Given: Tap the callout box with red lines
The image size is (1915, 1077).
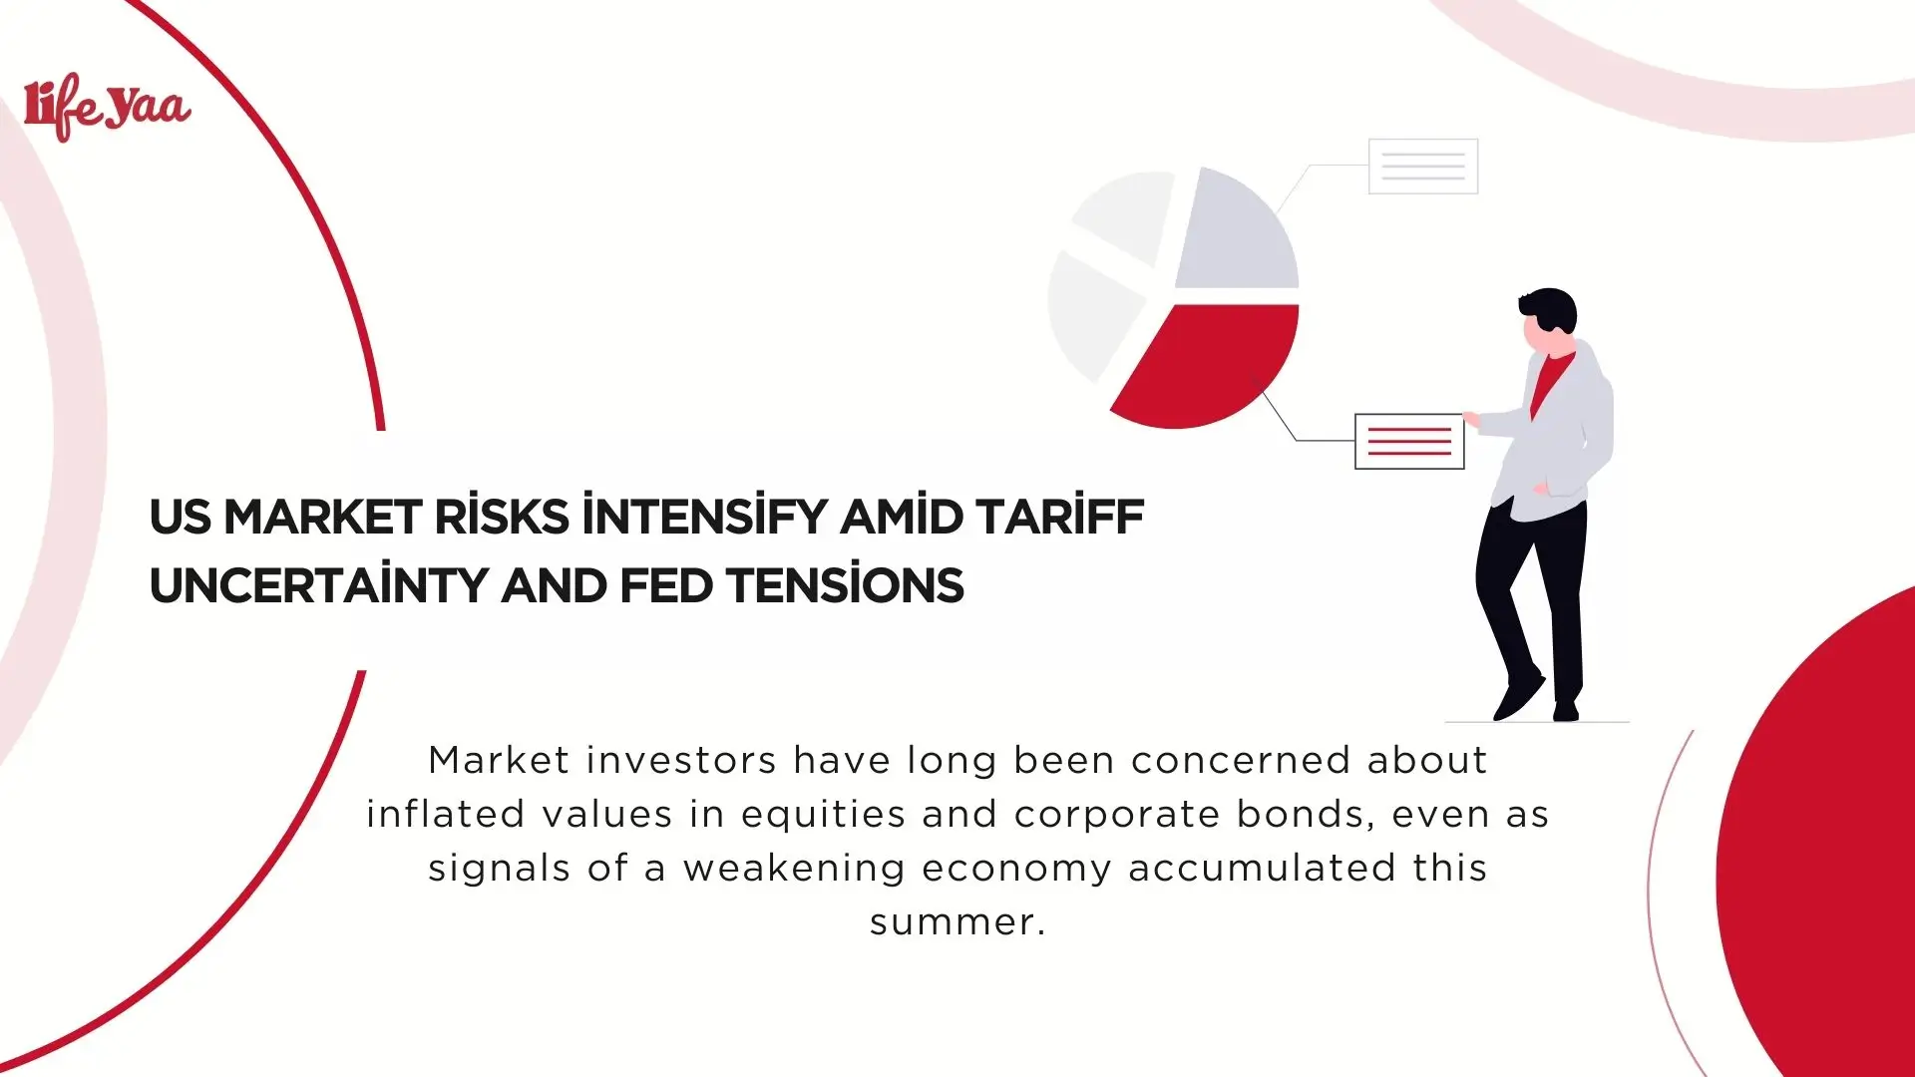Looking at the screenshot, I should coord(1408,441).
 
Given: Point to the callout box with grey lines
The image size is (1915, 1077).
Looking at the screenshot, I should coord(1422,167).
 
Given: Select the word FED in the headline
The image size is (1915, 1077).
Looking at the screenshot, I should coord(665,586).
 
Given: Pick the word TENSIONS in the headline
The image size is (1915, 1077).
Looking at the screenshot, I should coord(845,586).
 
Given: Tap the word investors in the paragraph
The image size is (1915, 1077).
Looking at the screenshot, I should coord(680,761).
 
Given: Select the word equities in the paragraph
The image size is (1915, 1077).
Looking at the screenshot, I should coord(823,815).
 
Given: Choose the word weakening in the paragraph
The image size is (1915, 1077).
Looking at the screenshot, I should coord(793,869).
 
